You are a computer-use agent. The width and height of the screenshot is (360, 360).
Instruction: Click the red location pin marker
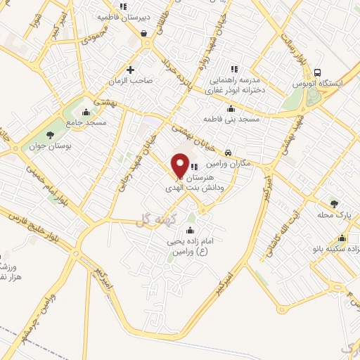coord(180,164)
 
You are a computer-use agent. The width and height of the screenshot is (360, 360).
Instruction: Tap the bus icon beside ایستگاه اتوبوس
coord(319,72)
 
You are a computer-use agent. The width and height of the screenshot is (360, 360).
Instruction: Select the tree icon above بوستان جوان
coord(49,134)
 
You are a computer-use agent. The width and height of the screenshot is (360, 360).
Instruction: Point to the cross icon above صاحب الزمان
coord(131,69)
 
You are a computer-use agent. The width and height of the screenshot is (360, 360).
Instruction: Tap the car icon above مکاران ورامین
coord(229,153)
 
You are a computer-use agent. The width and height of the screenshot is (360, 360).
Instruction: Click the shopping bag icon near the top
coord(143,33)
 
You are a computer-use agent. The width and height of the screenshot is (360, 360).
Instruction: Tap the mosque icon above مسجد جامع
coord(86,112)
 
